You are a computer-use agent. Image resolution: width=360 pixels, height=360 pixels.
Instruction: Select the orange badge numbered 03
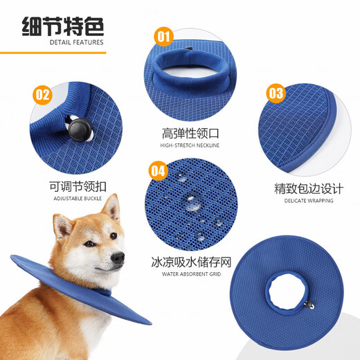point(276,93)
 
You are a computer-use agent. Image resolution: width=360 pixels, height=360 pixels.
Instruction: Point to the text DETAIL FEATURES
point(76,42)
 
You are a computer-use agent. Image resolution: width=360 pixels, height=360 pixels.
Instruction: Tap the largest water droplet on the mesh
point(190,201)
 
